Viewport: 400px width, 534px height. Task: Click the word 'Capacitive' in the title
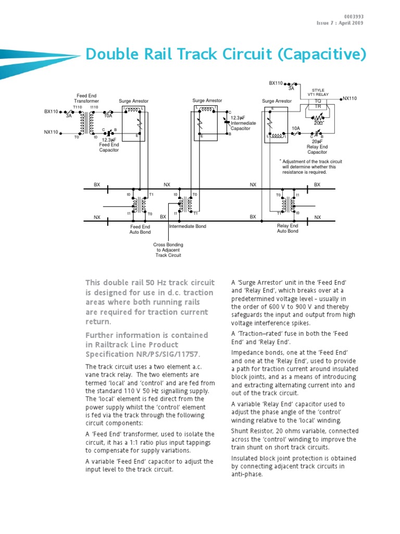(x=323, y=54)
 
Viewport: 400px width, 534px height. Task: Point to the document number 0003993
(x=354, y=17)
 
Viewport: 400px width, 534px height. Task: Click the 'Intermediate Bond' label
(x=187, y=227)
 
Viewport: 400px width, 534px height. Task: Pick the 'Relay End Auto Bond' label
(x=287, y=228)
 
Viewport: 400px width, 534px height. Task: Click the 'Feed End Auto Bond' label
(x=140, y=229)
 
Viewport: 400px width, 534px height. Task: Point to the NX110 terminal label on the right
(x=349, y=98)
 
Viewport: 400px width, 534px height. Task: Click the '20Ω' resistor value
(x=318, y=123)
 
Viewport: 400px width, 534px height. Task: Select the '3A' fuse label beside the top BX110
(x=291, y=89)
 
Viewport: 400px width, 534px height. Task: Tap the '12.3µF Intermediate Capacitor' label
(x=243, y=124)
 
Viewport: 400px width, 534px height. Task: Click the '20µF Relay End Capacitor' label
(x=317, y=147)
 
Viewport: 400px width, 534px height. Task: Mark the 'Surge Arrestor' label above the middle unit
(x=207, y=100)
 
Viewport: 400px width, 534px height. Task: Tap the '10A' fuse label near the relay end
(x=296, y=128)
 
